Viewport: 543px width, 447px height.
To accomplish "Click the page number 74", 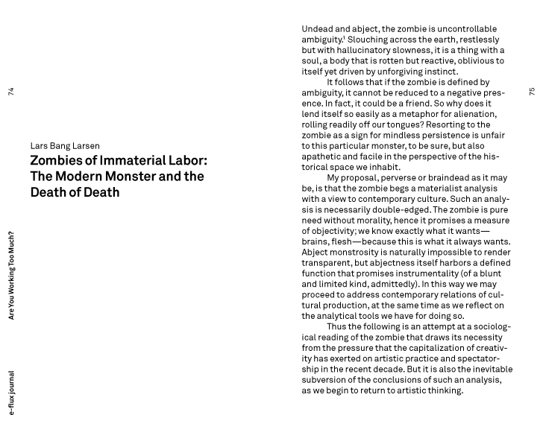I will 10,92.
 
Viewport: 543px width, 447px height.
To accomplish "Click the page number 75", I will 532,92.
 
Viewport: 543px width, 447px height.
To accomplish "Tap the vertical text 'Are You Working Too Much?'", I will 10,276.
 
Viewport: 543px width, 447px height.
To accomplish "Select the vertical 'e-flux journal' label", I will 10,393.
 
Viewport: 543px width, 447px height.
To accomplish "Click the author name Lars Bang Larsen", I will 65,146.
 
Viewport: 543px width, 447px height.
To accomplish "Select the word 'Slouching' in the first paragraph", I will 371,39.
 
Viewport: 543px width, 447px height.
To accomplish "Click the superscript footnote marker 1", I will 344,37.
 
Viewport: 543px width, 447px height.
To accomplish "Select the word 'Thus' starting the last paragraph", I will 337,326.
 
